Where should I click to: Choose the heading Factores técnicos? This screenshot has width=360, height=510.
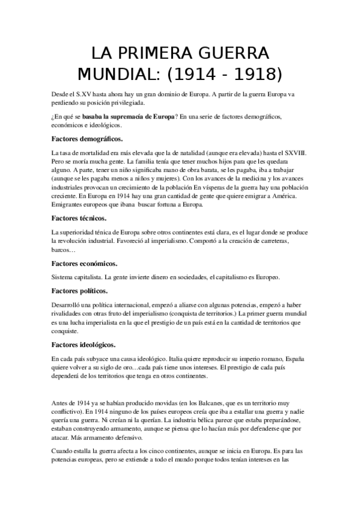[79, 218]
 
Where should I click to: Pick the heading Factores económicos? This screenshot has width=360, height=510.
[85, 263]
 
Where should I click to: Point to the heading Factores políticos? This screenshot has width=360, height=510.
[82, 290]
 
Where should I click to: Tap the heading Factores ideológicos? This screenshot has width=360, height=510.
[84, 345]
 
